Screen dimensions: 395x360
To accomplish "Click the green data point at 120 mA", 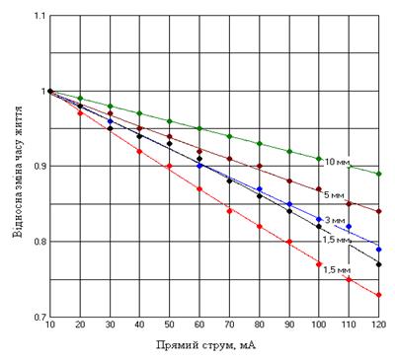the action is (378, 174).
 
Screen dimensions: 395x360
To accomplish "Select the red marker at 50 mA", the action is (169, 166).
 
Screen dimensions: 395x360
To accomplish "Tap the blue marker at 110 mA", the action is (349, 226).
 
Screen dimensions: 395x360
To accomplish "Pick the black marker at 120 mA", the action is (378, 264).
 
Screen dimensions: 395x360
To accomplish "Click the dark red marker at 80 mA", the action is (259, 166).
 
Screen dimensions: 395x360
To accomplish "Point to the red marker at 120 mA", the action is (378, 295).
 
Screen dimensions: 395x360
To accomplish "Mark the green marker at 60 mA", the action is (199, 128).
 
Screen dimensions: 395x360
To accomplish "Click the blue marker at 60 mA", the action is (199, 166).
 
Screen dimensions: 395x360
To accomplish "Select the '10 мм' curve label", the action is (337, 162).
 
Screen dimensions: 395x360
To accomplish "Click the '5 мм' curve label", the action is (334, 195).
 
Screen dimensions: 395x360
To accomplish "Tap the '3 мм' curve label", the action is (335, 220).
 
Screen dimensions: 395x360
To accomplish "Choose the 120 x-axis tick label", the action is (378, 324).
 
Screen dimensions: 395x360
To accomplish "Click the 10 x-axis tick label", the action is (50, 324).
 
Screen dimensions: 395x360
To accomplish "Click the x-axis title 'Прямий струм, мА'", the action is (206, 345).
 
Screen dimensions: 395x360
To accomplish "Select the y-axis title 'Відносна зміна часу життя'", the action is (18, 172).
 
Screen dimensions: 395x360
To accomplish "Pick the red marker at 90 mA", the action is (289, 242).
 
